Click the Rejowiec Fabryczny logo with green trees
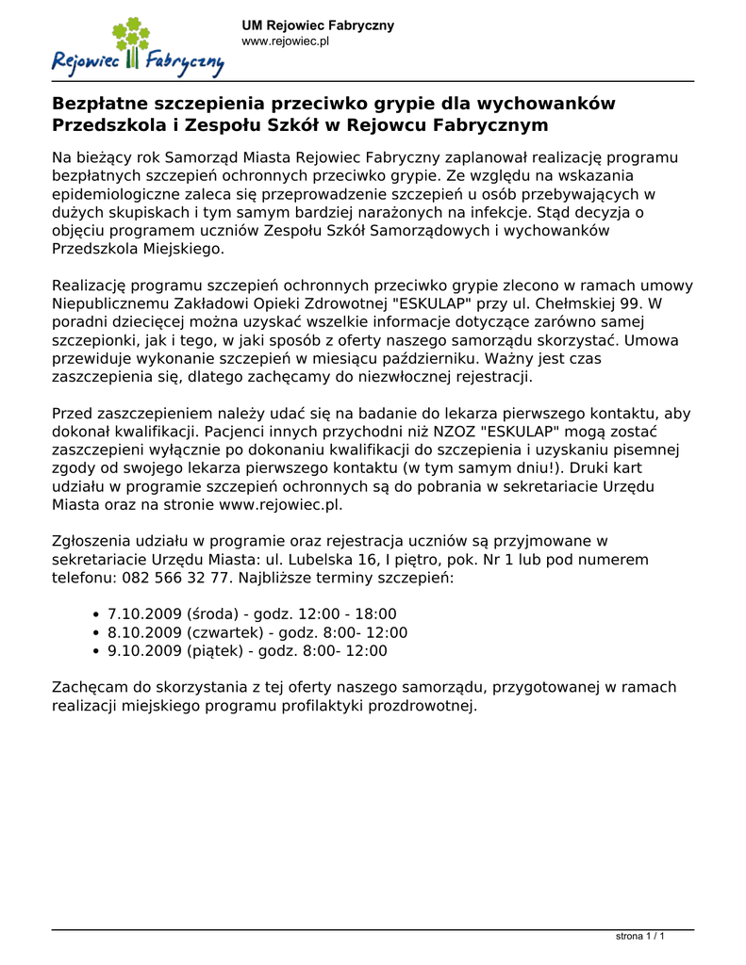click(x=138, y=48)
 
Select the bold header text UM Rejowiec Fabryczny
click(x=318, y=25)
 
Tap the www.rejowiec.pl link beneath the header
click(x=285, y=41)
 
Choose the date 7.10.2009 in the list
click(x=145, y=613)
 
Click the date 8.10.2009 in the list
click(x=145, y=632)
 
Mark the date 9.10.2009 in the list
click(x=145, y=650)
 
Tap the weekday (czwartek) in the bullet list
click(x=224, y=632)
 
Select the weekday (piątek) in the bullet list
click(x=214, y=650)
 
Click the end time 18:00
click(x=377, y=613)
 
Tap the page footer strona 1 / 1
click(x=640, y=937)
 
